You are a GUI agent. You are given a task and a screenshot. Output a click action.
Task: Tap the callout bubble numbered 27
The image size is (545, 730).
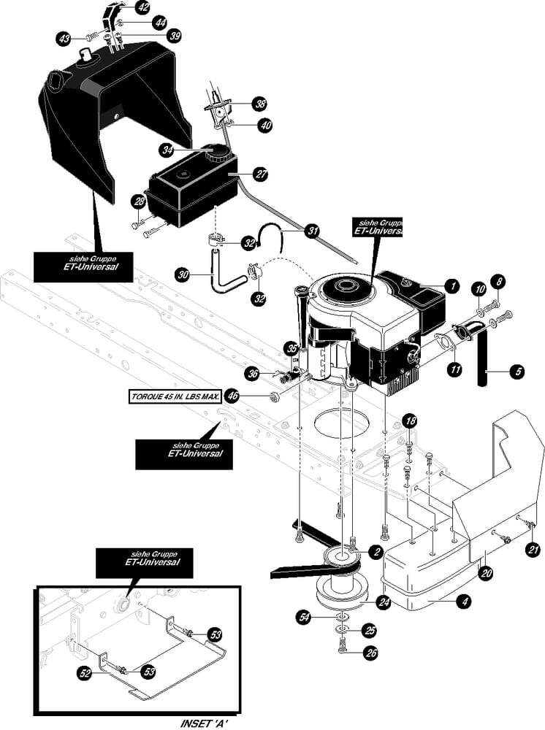(259, 174)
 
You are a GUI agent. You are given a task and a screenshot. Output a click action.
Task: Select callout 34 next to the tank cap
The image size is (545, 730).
(168, 150)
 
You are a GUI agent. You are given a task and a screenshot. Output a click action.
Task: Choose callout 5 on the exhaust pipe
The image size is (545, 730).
(518, 372)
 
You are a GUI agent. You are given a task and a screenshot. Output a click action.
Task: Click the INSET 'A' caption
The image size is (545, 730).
(210, 722)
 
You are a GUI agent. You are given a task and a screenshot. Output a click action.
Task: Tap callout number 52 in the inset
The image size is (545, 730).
(85, 674)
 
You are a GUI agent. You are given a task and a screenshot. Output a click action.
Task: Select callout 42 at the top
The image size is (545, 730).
(143, 8)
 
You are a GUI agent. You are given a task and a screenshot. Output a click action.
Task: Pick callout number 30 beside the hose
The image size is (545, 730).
(183, 275)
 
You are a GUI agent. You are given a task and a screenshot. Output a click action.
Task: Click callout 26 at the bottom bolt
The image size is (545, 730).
(371, 653)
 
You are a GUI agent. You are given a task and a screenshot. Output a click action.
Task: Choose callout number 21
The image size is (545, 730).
(533, 550)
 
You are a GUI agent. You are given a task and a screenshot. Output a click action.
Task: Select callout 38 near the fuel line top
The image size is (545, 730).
(260, 104)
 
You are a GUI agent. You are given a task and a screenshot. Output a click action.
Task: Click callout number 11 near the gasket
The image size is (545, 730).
(454, 370)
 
